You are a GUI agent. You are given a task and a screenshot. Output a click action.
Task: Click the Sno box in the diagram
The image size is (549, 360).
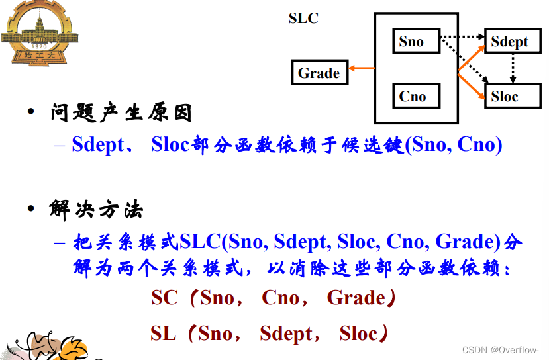tap(415, 41)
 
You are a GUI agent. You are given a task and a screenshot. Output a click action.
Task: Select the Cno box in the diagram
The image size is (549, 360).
tap(415, 97)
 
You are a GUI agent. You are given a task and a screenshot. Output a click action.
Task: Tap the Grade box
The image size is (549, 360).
tap(319, 73)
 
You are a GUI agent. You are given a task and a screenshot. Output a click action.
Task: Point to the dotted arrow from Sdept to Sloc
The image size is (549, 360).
tap(511, 69)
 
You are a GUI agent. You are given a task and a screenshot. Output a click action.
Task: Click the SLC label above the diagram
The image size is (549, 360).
tap(303, 18)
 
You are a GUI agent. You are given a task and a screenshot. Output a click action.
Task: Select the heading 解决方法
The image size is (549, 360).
tap(96, 211)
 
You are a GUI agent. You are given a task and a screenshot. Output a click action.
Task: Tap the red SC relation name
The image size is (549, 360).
tap(164, 298)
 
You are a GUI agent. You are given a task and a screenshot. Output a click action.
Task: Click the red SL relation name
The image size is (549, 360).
tap(163, 334)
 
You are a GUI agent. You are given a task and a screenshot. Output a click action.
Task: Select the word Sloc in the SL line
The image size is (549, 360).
tap(358, 334)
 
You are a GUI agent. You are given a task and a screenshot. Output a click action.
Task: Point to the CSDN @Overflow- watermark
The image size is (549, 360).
tap(500, 350)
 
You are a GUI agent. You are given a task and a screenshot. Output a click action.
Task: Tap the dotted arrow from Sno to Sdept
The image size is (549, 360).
tap(464, 37)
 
